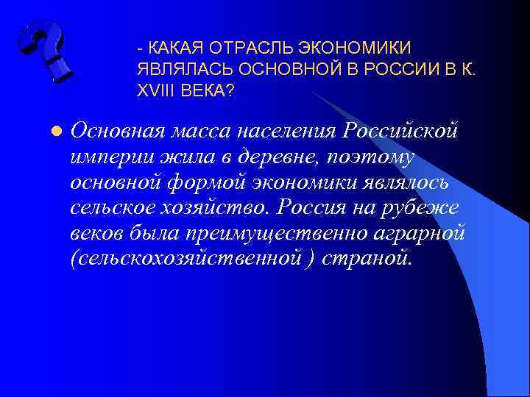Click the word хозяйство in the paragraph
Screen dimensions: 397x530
pos(218,206)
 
